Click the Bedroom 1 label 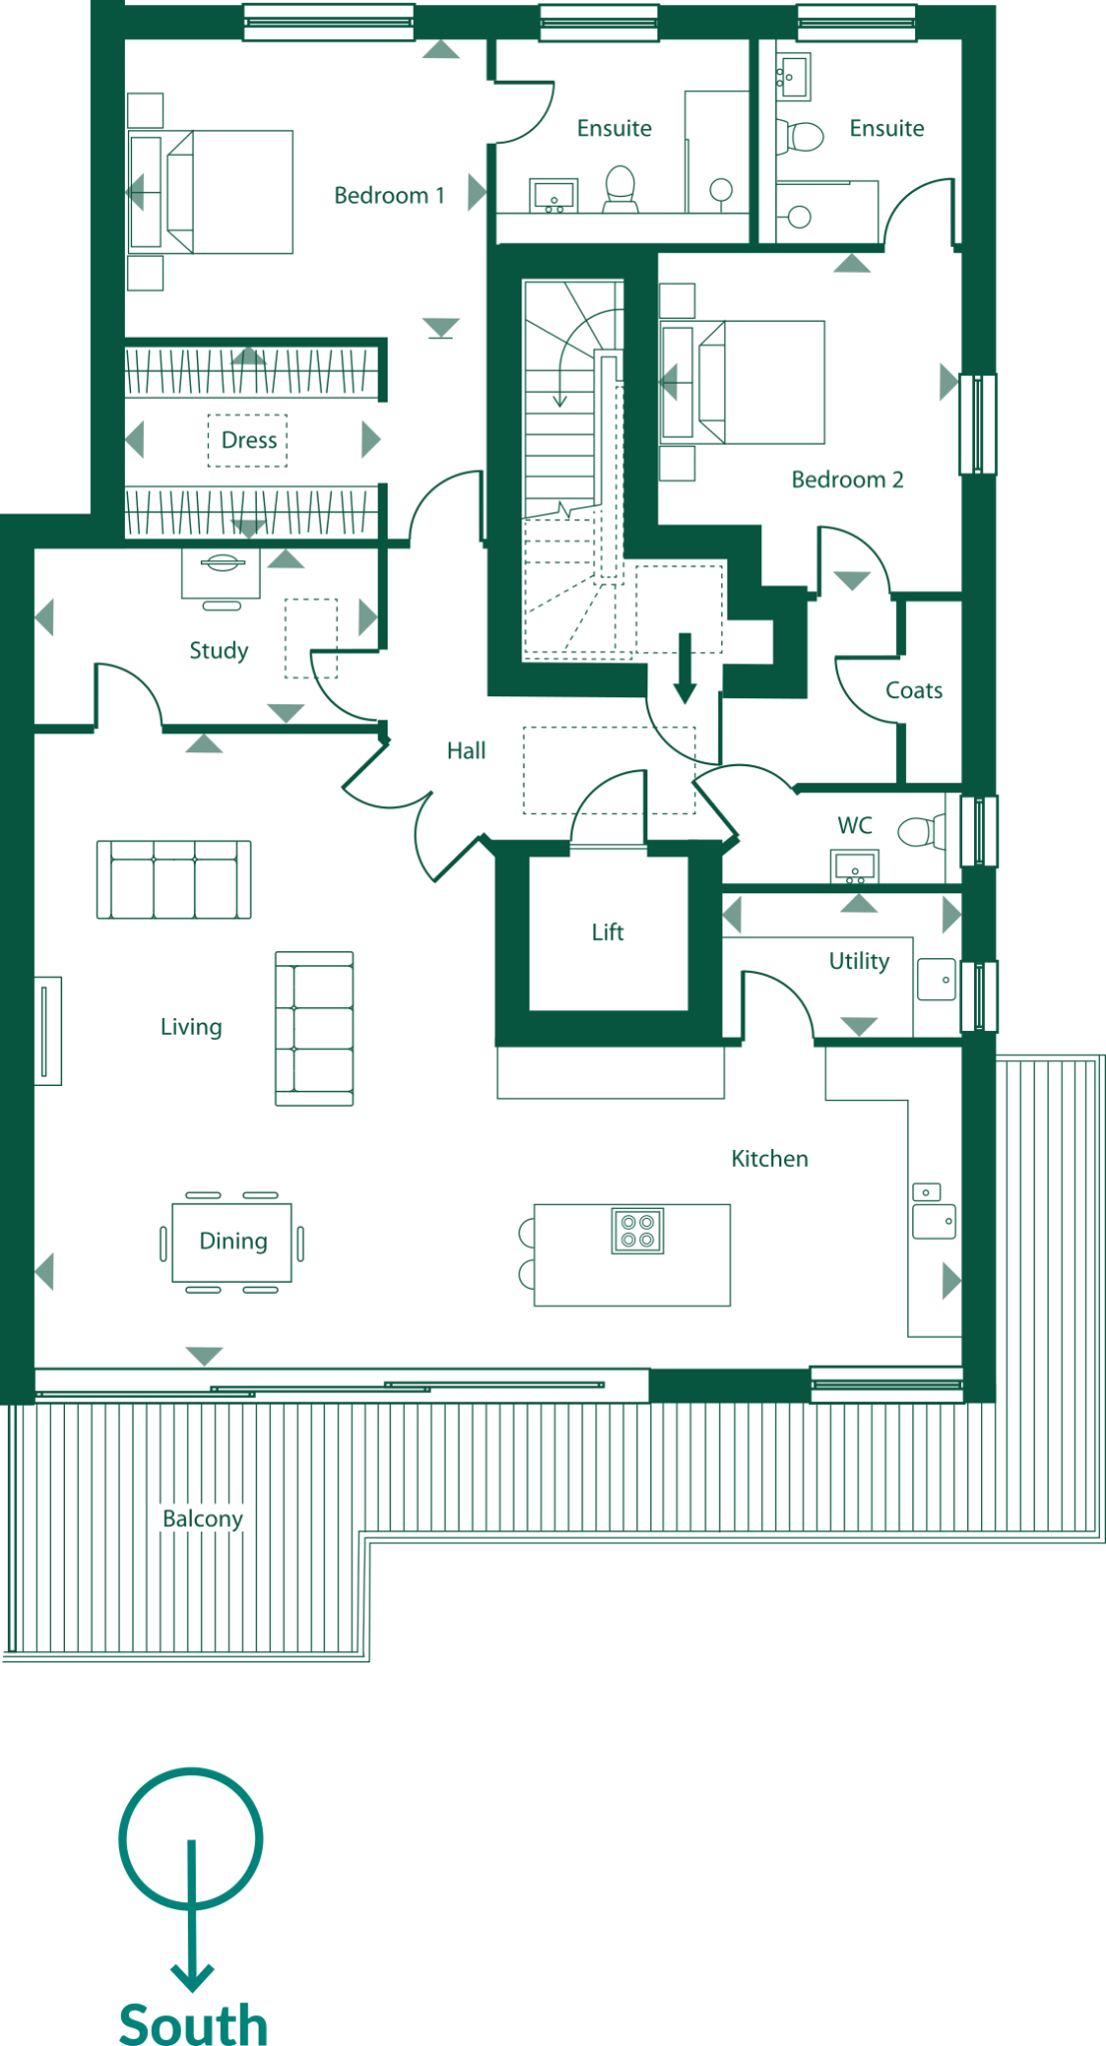(389, 196)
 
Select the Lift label (607, 932)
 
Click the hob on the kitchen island (637, 1231)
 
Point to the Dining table (232, 1242)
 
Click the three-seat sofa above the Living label (174, 879)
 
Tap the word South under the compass (193, 2023)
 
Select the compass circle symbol (191, 1838)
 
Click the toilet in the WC (917, 831)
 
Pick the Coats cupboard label (913, 690)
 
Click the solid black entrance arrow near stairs (684, 667)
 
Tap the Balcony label (203, 1519)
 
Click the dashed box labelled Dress (248, 441)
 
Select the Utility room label (858, 961)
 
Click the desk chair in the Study (221, 605)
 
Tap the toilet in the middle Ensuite (620, 187)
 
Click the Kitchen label (769, 1159)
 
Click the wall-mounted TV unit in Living (46, 1030)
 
